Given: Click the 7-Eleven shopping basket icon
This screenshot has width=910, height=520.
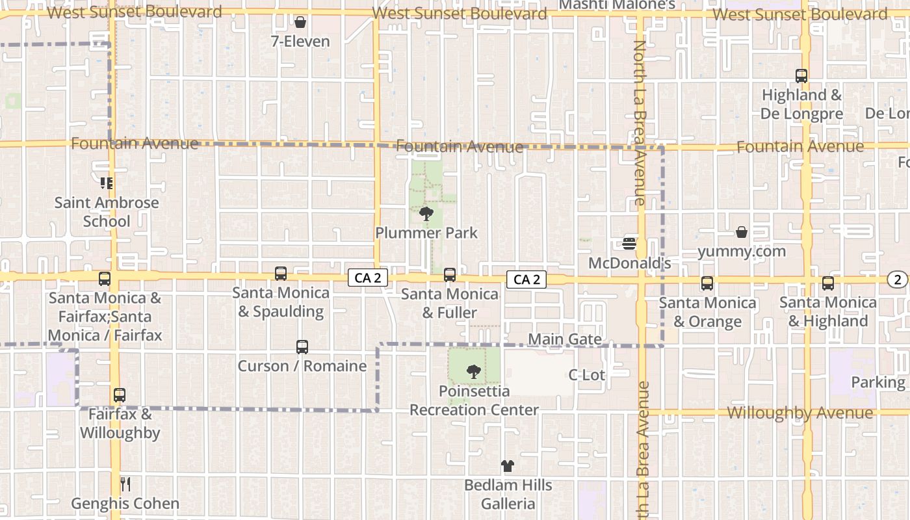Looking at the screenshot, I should tap(300, 23).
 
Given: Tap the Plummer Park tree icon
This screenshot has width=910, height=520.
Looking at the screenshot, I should tap(426, 213).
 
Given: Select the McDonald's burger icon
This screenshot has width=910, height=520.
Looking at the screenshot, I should tap(629, 244).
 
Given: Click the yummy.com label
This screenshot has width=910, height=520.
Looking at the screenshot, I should tap(742, 251).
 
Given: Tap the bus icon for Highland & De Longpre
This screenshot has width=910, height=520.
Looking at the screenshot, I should tap(801, 76).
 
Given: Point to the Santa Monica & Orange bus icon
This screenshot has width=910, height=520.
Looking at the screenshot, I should tap(707, 283).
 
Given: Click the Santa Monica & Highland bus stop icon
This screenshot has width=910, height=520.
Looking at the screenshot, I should tap(827, 283).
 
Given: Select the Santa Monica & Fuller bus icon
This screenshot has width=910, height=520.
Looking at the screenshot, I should tap(449, 275).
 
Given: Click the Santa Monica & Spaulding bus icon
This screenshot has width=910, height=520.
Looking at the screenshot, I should tap(281, 274).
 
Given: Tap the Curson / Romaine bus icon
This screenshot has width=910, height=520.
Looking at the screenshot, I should tap(302, 347).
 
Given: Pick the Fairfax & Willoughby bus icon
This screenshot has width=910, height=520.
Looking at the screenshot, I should tap(119, 395).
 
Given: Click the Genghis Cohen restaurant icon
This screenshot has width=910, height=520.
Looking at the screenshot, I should tap(125, 484).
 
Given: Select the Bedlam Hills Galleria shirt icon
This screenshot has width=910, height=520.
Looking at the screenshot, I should tap(508, 466).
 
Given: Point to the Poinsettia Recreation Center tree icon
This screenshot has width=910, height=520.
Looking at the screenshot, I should tap(474, 372).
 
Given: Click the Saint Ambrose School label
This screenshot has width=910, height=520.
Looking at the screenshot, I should tap(107, 212).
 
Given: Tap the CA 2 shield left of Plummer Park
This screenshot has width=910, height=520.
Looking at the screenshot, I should tap(368, 278).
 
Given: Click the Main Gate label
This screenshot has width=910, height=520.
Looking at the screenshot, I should tap(565, 339).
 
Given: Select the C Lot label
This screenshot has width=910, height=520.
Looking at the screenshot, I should tap(586, 375).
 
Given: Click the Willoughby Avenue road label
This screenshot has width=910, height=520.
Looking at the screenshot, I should tap(799, 413).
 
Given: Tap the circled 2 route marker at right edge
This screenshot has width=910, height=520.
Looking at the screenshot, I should tap(898, 279).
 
